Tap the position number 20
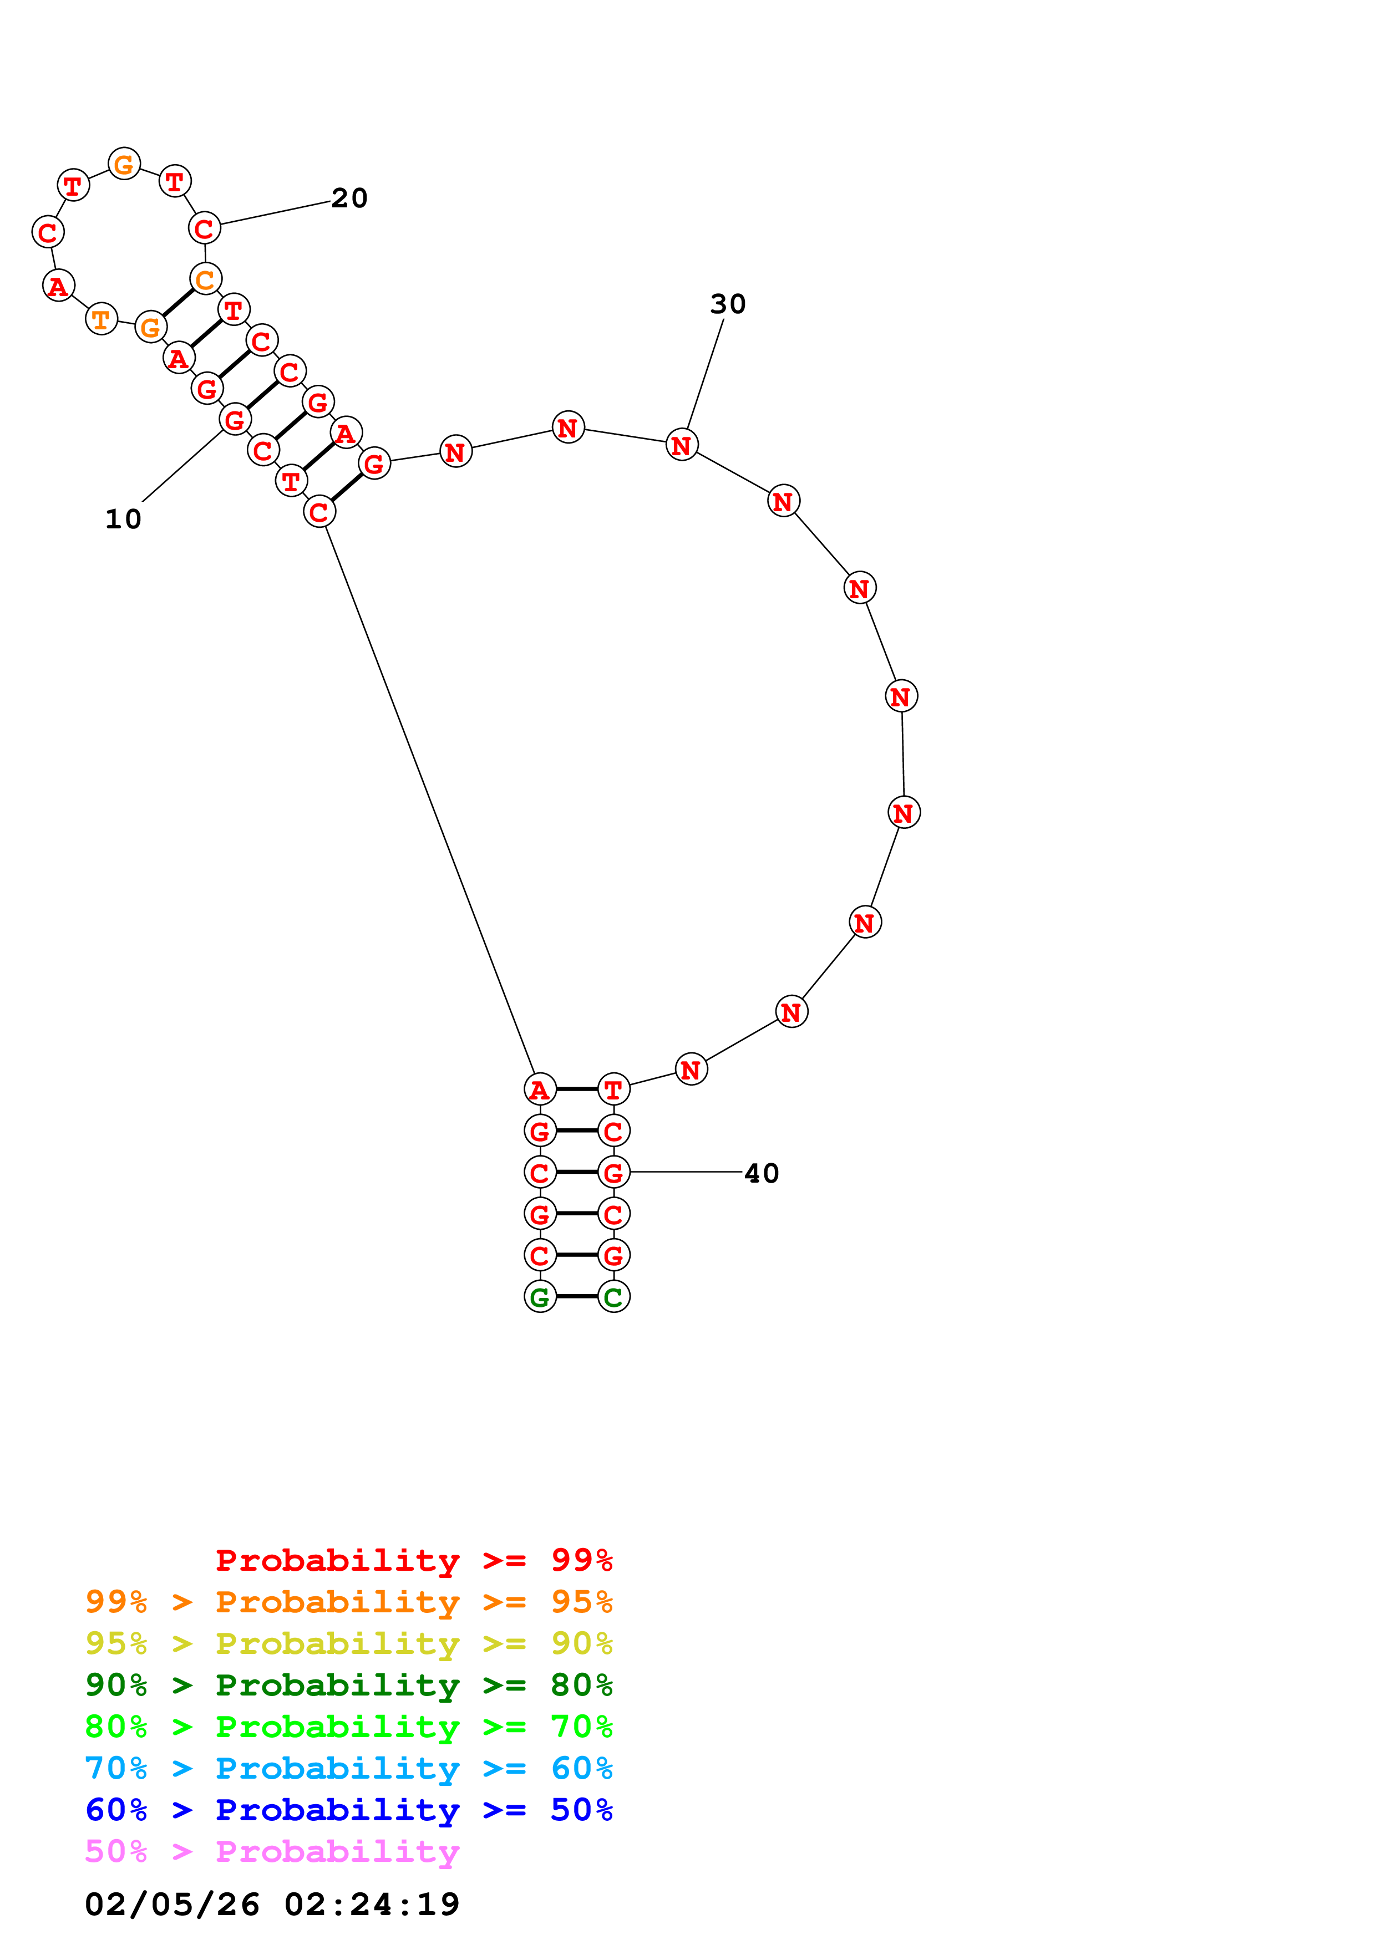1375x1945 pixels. coord(349,198)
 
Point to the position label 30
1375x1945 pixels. coord(728,304)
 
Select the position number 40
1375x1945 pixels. coord(761,1173)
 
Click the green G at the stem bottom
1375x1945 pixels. coord(540,1297)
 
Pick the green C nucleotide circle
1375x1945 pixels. coord(613,1297)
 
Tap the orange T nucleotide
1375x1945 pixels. coord(102,319)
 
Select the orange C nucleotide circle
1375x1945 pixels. coord(205,279)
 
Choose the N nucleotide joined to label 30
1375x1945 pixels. coord(682,445)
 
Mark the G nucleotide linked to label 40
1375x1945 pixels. coord(613,1173)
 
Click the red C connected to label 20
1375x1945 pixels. coord(204,228)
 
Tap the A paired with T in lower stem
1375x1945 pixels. coord(540,1089)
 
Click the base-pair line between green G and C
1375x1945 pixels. coord(577,1297)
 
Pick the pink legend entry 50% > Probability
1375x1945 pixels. coord(272,1852)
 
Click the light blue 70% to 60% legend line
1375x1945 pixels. coord(348,1769)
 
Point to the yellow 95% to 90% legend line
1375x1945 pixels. coord(348,1643)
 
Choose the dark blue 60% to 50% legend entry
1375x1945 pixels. coord(348,1810)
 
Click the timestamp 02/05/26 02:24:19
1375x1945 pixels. coord(272,1905)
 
